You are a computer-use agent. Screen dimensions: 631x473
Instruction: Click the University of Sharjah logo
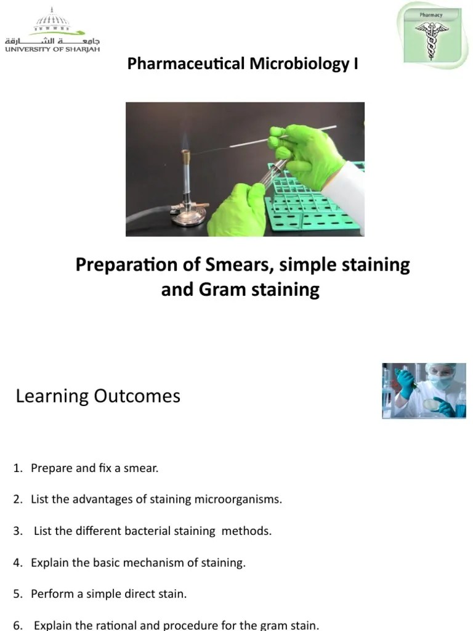click(52, 31)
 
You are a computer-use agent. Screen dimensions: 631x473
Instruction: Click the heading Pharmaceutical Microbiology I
click(242, 63)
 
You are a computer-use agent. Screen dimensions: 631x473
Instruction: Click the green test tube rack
click(314, 197)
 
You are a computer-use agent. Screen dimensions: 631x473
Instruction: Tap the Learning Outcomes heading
click(98, 396)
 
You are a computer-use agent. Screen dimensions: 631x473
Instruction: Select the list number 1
click(17, 468)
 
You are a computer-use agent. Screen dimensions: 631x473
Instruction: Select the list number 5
click(17, 594)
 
